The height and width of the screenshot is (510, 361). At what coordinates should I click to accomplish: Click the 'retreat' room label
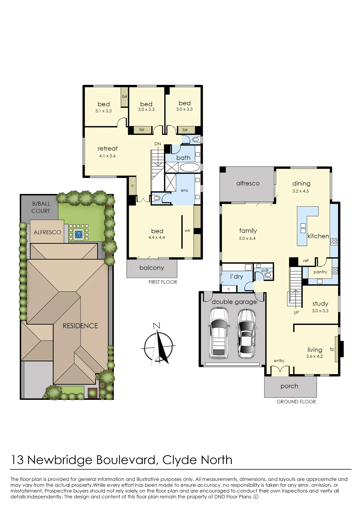107,148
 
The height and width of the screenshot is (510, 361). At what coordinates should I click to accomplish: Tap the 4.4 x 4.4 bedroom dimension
157,237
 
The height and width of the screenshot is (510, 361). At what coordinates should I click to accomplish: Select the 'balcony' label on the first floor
152,268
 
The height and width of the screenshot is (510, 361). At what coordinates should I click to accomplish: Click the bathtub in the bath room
190,168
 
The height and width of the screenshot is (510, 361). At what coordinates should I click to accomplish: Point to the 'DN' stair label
158,144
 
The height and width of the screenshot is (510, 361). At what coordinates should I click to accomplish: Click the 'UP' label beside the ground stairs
296,312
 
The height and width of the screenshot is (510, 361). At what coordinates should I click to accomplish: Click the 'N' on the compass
156,326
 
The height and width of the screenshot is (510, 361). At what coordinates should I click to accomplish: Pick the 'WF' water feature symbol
79,235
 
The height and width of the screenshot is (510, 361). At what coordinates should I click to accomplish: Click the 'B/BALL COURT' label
41,207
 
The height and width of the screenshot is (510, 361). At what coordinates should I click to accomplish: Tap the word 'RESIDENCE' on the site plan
80,326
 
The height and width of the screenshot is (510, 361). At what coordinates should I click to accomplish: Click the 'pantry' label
320,272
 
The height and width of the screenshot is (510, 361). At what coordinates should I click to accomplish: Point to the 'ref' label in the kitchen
306,261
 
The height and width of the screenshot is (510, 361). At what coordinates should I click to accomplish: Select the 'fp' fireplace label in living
332,349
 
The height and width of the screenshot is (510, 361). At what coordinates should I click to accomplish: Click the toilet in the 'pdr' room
268,275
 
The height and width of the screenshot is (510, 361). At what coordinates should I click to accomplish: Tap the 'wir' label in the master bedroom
188,231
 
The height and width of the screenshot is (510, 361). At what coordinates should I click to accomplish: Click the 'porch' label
289,386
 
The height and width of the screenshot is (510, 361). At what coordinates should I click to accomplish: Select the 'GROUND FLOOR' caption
296,402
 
